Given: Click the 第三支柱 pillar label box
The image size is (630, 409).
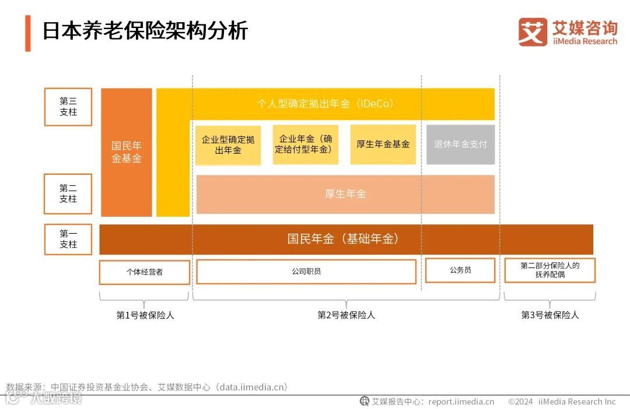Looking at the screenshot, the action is coord(68,107).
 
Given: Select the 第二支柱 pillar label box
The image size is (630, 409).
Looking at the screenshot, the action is coord(68,193).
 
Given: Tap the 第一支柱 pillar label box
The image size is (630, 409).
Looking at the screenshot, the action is coord(68,239).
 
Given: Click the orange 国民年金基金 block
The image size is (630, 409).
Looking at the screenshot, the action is coord(127,152).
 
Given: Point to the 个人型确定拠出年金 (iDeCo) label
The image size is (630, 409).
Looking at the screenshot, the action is coord(325,104).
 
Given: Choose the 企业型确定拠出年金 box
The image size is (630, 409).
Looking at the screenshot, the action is coord(228,144).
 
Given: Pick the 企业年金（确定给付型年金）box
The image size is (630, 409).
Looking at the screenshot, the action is coord(305,144).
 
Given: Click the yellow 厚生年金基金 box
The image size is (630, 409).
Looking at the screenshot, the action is coord(383,144).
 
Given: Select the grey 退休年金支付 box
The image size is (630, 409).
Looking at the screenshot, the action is coord(460,144).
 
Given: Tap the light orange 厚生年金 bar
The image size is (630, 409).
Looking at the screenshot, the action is coord(345,194).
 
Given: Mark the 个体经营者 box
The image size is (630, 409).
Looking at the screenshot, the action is coord(145,272).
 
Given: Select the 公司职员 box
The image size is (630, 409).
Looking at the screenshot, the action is coord(306,271).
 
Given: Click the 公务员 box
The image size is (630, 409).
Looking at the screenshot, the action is coord(460,270).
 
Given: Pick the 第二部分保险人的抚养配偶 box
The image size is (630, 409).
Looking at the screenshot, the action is coord(549,270).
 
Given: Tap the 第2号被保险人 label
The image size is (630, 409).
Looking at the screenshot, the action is coord(346,315).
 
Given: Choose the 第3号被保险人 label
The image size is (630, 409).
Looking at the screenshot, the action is coord(549,315).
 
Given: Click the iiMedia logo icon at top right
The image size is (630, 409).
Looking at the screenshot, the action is coord(533,32).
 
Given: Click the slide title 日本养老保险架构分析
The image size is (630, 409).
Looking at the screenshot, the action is coord(145,30).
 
